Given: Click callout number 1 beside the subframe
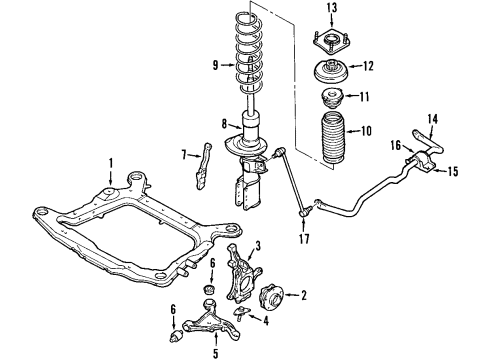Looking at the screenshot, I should point(112,163).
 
